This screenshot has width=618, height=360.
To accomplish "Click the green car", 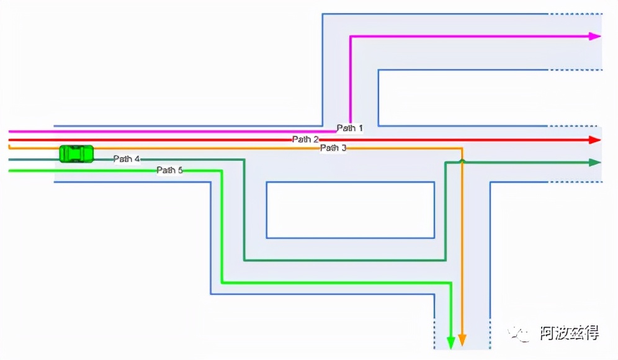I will pyautogui.click(x=76, y=153).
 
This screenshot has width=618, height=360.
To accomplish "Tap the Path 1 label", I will pyautogui.click(x=349, y=128).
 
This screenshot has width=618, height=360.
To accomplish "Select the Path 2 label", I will pyautogui.click(x=305, y=140).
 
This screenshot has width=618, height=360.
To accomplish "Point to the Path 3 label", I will pyautogui.click(x=333, y=148).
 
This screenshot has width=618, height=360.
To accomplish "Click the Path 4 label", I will pyautogui.click(x=127, y=160).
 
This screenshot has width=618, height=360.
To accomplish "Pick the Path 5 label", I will pyautogui.click(x=169, y=170).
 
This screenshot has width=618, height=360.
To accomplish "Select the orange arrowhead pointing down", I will pyautogui.click(x=462, y=340).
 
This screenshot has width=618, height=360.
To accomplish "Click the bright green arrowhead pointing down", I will pyautogui.click(x=451, y=341).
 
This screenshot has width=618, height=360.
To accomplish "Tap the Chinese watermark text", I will pyautogui.click(x=569, y=333).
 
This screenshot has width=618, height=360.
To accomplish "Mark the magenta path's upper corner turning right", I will pyautogui.click(x=351, y=37).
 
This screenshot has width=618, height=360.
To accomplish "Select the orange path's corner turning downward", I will pyautogui.click(x=462, y=149).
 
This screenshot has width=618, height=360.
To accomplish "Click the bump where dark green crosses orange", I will pyautogui.click(x=462, y=161).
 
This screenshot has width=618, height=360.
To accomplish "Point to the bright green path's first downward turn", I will pyautogui.click(x=222, y=171).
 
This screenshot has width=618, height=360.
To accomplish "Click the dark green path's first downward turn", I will pyautogui.click(x=244, y=160).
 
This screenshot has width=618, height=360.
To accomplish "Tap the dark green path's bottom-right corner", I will pyautogui.click(x=446, y=260).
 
